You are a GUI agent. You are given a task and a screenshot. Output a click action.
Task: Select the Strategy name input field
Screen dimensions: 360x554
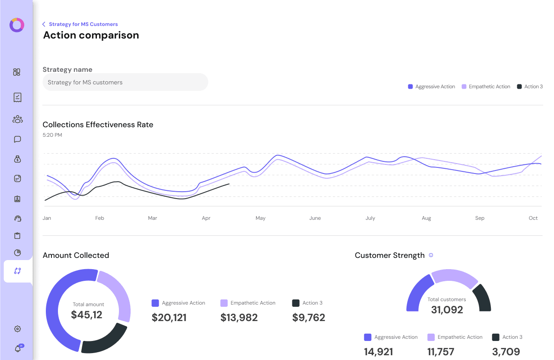pos(125,82)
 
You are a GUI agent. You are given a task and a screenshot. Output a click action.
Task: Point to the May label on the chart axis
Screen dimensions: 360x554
pos(260,218)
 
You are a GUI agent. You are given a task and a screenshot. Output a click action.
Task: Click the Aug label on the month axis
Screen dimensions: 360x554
pos(426,218)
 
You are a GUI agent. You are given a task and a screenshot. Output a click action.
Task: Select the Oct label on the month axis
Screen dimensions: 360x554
pos(533,218)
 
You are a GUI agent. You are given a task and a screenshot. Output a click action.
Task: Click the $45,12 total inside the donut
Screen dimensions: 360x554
pos(87,315)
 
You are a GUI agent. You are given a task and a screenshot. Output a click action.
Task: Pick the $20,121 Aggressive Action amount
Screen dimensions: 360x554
pos(169,318)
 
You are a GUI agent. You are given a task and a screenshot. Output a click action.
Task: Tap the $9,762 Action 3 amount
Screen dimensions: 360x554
pos(309,318)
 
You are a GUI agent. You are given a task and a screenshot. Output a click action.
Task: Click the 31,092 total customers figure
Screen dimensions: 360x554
pos(447,310)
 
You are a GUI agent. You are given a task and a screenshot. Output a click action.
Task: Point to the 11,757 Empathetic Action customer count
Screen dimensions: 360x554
pos(441,352)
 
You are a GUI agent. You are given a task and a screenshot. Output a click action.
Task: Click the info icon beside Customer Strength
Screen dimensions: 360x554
pos(431,255)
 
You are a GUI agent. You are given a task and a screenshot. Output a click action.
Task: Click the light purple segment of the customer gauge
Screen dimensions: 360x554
pos(454,278)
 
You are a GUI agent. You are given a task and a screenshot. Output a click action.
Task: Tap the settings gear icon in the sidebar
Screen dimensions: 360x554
pos(17,329)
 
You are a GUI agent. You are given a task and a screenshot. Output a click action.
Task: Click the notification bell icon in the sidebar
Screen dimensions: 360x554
pos(18,348)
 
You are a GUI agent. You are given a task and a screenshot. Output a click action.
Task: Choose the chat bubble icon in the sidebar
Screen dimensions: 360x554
pos(17,139)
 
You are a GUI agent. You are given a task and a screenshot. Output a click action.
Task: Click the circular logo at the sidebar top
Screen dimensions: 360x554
pos(17,25)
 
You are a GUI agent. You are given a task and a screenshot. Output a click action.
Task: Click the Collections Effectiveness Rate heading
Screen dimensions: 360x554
pos(98,125)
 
